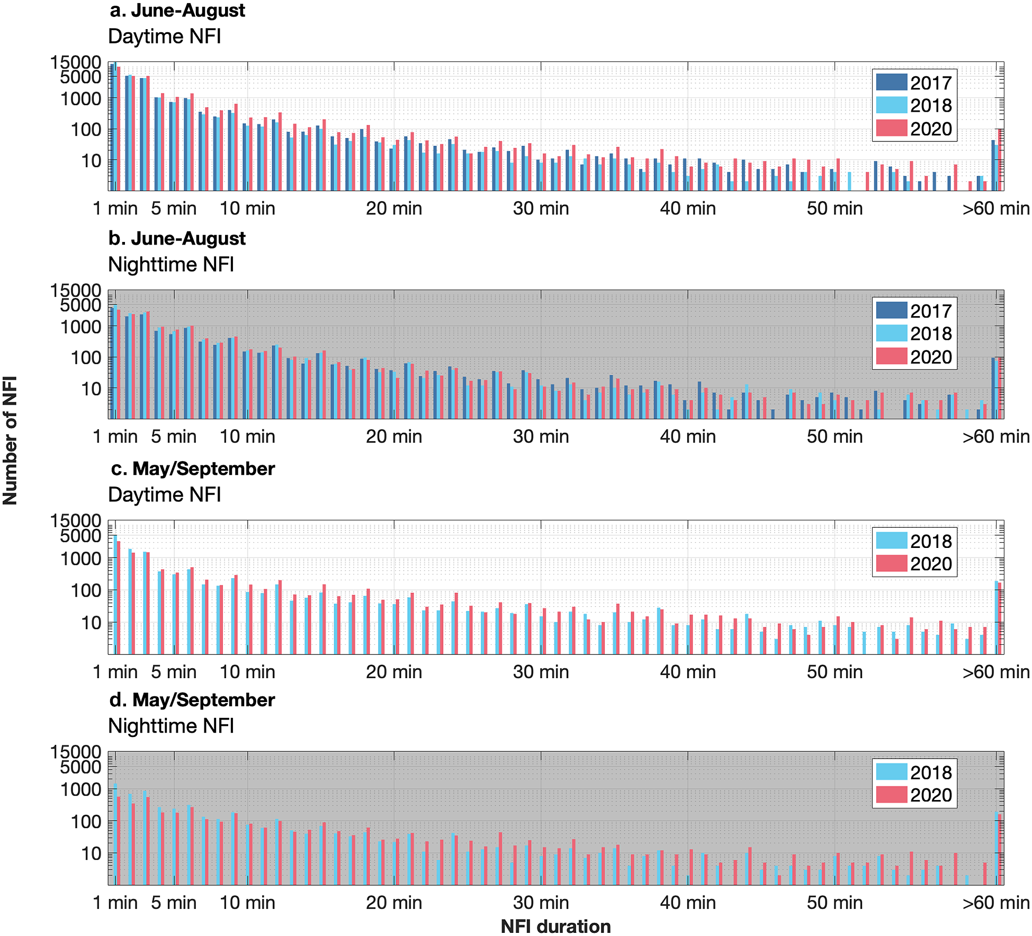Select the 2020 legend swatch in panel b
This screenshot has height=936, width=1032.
892,357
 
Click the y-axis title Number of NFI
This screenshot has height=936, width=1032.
11,440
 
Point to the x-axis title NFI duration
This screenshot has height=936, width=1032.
555,926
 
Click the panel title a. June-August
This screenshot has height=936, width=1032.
177,11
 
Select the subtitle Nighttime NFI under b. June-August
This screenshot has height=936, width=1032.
170,264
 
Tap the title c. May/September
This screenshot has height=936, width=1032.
193,469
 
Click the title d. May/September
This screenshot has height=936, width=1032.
193,700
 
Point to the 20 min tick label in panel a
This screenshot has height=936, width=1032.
394,209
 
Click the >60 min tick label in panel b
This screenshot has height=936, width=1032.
995,437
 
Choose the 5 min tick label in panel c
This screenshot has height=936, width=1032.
174,672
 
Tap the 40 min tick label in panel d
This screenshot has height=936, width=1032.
688,903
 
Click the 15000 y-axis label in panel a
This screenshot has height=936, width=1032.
75,62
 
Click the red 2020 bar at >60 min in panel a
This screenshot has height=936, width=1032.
999,159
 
